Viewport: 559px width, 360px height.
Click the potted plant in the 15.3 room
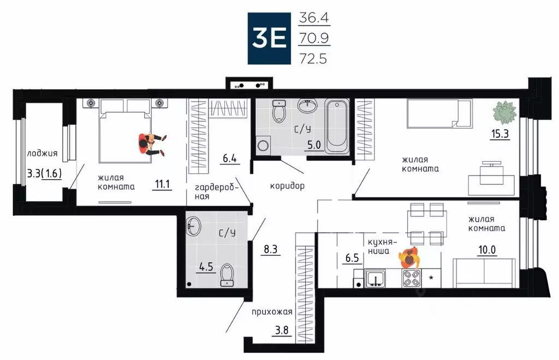[504, 113]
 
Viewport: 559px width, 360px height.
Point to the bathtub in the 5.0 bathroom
[334, 126]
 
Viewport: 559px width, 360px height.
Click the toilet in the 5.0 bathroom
[280, 111]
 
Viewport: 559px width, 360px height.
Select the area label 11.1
[162, 184]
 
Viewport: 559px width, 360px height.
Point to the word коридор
[287, 186]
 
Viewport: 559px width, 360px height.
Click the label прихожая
[272, 312]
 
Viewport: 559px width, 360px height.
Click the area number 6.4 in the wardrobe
[229, 159]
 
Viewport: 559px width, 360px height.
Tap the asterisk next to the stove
[431, 279]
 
